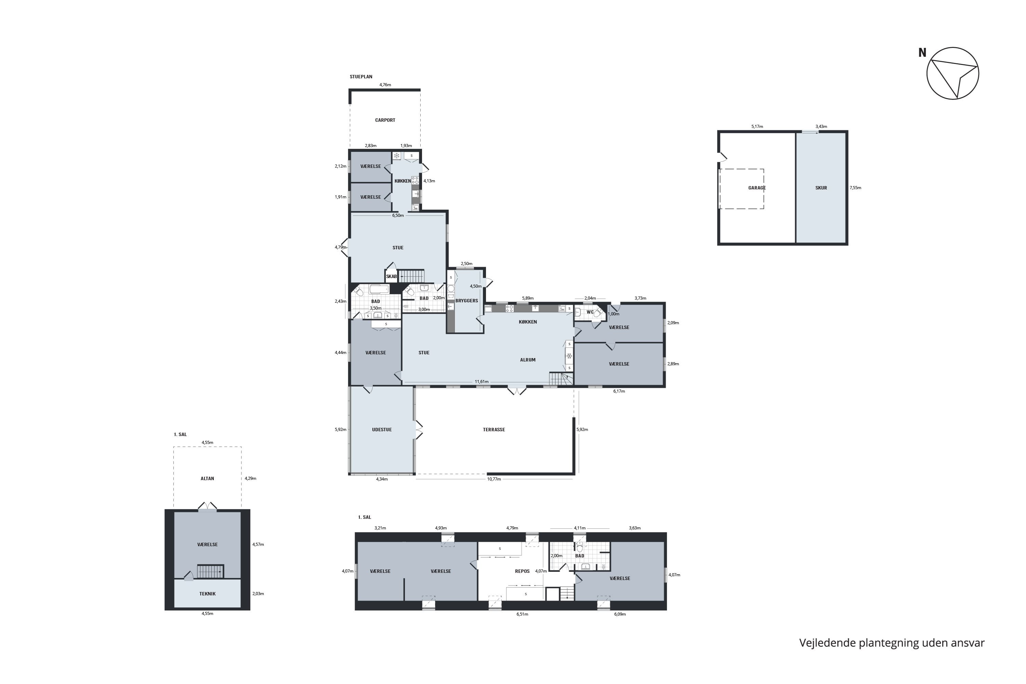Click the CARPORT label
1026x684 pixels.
(385, 120)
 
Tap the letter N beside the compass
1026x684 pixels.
(922, 53)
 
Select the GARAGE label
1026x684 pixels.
(757, 188)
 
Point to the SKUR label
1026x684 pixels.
(821, 188)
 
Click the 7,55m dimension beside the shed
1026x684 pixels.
(855, 188)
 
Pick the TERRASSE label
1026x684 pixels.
(494, 430)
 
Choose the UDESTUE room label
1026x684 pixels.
(382, 430)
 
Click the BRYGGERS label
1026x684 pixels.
(467, 301)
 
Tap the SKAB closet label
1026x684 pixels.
(391, 277)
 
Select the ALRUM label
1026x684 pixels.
(528, 360)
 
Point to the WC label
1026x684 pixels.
(590, 312)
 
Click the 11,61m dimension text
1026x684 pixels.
(482, 382)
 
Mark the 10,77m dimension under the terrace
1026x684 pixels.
(494, 479)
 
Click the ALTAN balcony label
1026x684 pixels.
(207, 478)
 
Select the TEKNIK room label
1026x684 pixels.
(207, 594)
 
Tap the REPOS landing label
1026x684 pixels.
(522, 571)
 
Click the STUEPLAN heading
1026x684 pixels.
(361, 77)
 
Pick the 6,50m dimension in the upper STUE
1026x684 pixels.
(398, 215)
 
